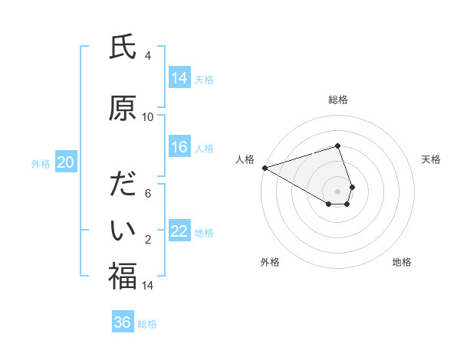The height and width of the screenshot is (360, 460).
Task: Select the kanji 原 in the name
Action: (123, 108)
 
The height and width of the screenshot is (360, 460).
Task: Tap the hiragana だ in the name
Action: (123, 186)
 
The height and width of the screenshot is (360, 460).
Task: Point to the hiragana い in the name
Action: (123, 229)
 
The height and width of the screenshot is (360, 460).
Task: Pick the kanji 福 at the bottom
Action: (123, 277)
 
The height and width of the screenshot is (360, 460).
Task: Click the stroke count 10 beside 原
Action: (148, 117)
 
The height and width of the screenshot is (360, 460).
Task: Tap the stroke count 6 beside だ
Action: (148, 194)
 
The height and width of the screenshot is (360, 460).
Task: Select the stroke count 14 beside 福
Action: (148, 286)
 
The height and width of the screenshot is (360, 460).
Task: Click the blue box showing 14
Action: (179, 78)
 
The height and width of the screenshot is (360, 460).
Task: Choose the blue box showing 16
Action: (179, 148)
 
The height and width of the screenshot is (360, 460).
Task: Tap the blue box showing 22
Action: (179, 232)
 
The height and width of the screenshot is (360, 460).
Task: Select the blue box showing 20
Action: (66, 162)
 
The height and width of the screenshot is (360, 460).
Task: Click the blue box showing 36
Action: (123, 323)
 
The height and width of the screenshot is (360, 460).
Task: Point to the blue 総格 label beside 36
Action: (147, 324)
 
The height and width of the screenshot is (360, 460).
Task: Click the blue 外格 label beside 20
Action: (41, 163)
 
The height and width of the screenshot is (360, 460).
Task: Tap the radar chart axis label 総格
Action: (338, 100)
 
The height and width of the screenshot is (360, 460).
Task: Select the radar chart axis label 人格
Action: (245, 159)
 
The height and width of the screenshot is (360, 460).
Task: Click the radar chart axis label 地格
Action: (402, 262)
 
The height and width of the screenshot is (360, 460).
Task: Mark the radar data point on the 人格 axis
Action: (264, 168)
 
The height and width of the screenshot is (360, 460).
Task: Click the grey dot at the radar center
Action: (338, 191)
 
